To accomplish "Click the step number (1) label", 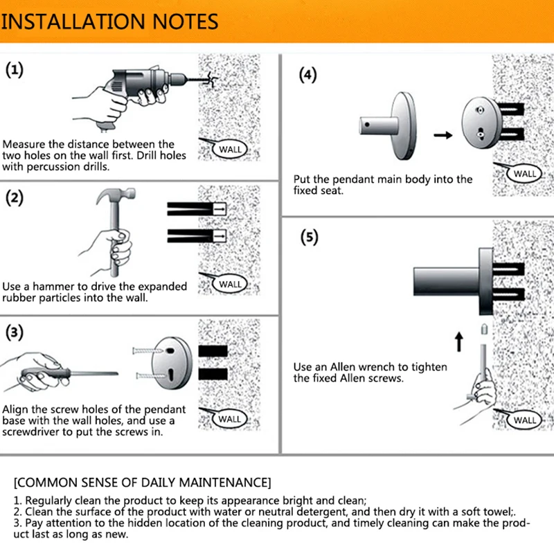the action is (x=15, y=70).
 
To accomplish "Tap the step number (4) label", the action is (x=307, y=75).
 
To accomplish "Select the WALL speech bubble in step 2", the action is (x=229, y=284).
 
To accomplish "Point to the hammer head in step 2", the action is (x=116, y=195).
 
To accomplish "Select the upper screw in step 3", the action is (x=148, y=351).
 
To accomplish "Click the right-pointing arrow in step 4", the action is (x=443, y=135).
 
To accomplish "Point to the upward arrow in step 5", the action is (x=458, y=341).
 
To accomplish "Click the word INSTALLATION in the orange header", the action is (x=73, y=21).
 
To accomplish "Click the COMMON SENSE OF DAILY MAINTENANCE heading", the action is (x=143, y=483).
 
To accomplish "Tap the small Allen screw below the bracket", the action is (x=484, y=329).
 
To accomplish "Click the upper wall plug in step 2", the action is (x=197, y=208).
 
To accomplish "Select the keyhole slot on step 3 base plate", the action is (x=171, y=375).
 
